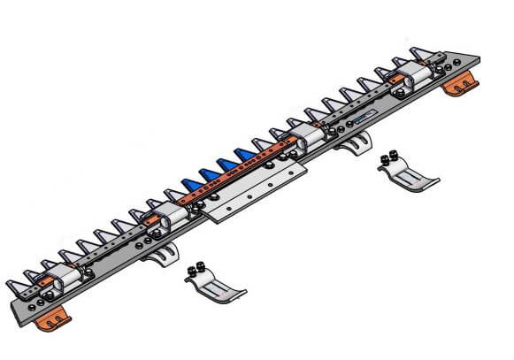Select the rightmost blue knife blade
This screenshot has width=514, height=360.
coord(240,158)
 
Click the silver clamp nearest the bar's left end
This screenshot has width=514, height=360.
coord(64,282)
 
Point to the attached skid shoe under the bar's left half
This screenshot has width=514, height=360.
coord(165,257)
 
